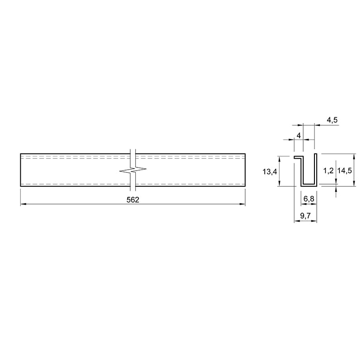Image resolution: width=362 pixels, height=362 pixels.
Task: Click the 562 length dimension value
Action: (x=133, y=200)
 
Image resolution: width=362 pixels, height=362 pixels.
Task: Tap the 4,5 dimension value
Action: (x=332, y=120)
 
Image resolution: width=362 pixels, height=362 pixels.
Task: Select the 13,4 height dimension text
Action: (x=270, y=171)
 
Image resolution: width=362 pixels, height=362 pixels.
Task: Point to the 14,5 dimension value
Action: (x=344, y=171)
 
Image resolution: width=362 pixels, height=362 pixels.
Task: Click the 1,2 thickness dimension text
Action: (x=329, y=171)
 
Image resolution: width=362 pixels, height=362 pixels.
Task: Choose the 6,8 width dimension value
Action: (x=309, y=199)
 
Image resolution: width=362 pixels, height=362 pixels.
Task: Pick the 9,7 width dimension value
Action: (x=305, y=216)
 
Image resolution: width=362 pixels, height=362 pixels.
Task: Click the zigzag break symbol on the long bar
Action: (x=133, y=171)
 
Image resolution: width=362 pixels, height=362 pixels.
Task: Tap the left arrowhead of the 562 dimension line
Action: (x=23, y=204)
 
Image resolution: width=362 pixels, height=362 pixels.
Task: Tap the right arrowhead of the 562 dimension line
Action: (x=243, y=204)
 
